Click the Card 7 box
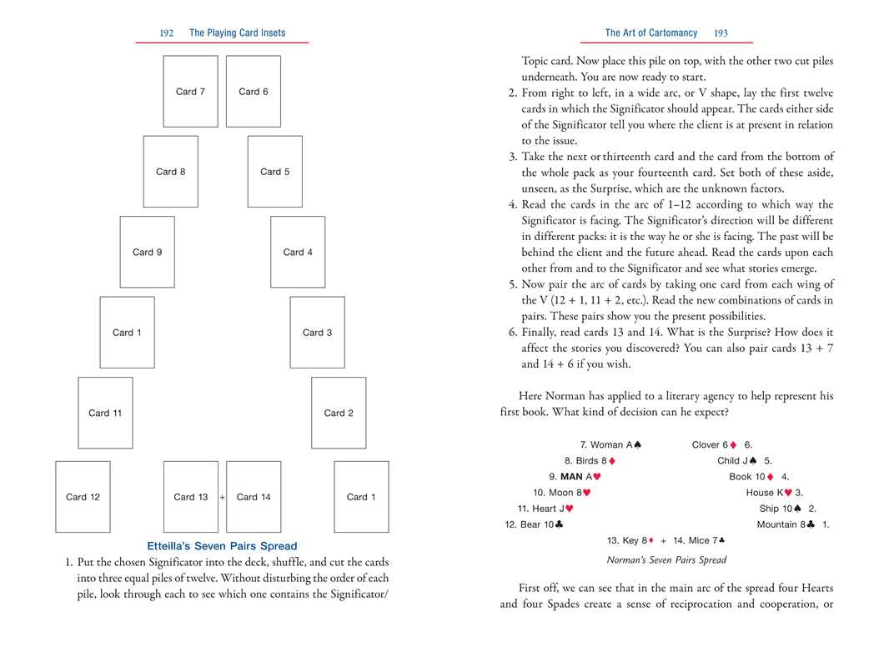coord(190,92)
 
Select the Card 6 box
coord(254,92)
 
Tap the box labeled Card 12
coord(83,497)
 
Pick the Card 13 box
coord(191,497)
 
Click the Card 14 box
coord(254,497)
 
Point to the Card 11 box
coord(105,413)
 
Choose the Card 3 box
coord(317,333)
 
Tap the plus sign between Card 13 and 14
coord(223,497)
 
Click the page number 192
coord(166,33)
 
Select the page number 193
coord(721,33)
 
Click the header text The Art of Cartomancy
coord(650,33)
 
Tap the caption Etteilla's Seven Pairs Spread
coord(222,547)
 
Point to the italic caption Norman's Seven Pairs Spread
coord(666,560)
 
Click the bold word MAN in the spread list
coord(571,477)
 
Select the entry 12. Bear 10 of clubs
coord(534,524)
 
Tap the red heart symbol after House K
coord(788,493)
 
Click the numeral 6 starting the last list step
coord(513,332)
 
